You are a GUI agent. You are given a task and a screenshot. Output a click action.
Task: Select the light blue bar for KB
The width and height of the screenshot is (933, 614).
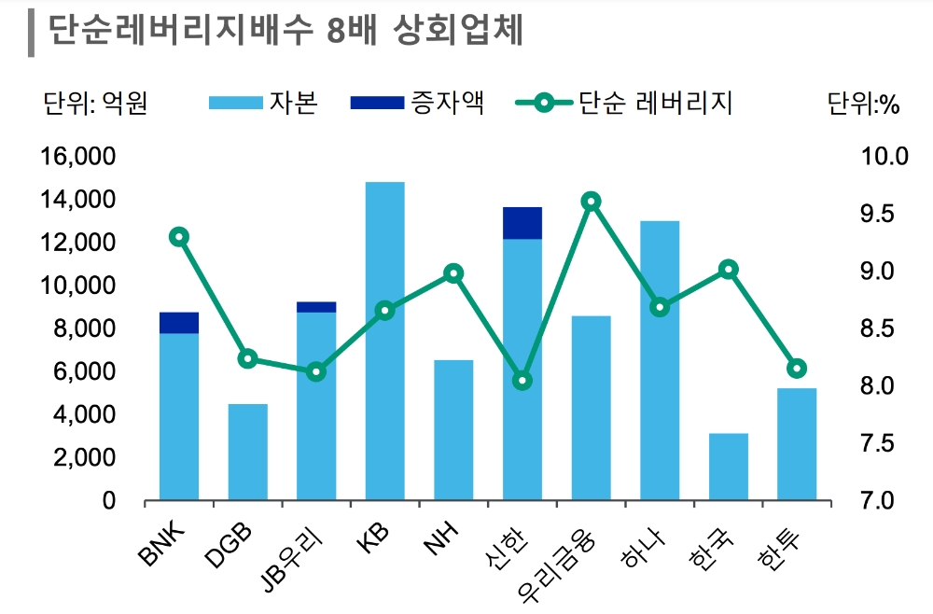384,341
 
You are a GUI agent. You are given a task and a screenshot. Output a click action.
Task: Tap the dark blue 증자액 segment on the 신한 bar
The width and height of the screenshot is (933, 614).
522,223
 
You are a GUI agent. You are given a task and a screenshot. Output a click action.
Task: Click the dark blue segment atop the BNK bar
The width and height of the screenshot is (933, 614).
179,323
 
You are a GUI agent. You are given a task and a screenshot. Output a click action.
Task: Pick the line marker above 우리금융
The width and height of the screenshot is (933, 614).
591,202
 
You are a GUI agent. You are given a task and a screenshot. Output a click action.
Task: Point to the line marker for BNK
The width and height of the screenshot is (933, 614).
179,237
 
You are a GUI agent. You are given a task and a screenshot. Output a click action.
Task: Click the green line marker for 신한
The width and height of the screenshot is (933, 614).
522,381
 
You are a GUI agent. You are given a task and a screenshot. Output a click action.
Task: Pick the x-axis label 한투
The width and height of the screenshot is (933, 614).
784,546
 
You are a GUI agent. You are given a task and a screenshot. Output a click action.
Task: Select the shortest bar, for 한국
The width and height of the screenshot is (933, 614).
728,467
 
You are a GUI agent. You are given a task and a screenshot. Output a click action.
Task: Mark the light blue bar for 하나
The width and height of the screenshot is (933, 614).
660,360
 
